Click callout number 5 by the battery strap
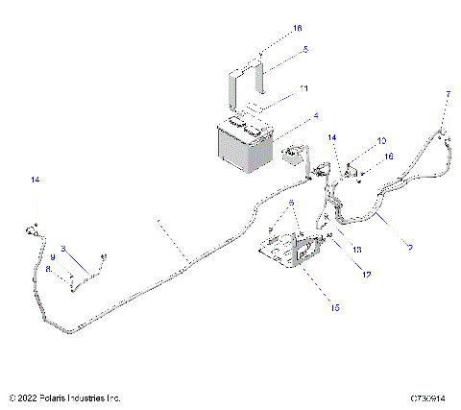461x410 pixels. [278, 48]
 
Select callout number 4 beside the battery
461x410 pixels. [288, 120]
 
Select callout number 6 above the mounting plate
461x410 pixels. [291, 203]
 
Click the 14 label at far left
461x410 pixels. [36, 181]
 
